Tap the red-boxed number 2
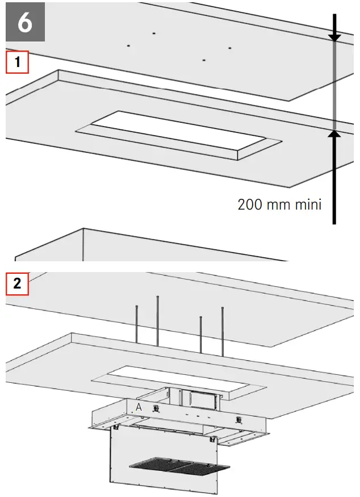(x=17, y=282)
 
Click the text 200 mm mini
(x=279, y=204)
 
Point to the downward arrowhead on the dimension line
(x=335, y=36)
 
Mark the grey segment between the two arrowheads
(x=335, y=85)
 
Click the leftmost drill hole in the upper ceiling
(x=129, y=45)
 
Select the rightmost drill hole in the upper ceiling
(x=230, y=47)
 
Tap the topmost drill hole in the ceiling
(x=154, y=33)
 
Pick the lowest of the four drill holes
(x=203, y=60)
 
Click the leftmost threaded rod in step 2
(x=136, y=324)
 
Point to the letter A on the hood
(x=139, y=407)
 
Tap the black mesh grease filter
(x=179, y=466)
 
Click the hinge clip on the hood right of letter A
(x=156, y=410)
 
